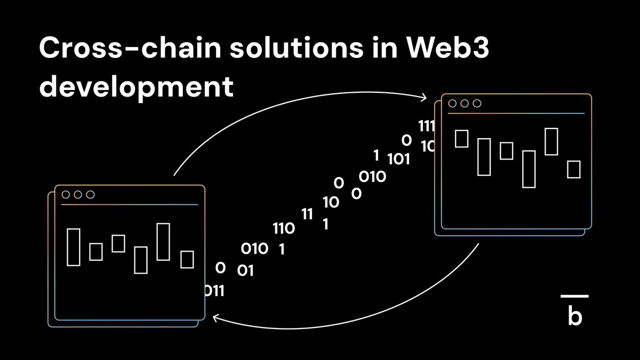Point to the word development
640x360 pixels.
click(137, 86)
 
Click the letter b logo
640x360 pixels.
click(575, 317)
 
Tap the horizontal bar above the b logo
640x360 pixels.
click(575, 296)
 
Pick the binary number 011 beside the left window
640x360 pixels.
click(214, 291)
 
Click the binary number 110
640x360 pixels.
click(283, 229)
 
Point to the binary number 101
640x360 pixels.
click(398, 159)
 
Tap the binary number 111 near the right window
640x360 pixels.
click(427, 126)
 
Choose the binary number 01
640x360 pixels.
click(245, 271)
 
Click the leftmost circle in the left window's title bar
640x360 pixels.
click(66, 195)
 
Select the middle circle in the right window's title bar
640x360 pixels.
click(465, 103)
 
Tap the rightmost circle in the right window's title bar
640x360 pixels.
click(477, 103)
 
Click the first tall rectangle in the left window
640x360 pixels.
click(73, 246)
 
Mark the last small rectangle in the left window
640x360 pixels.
click(187, 259)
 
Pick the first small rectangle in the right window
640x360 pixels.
click(461, 138)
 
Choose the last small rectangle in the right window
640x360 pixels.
click(573, 169)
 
